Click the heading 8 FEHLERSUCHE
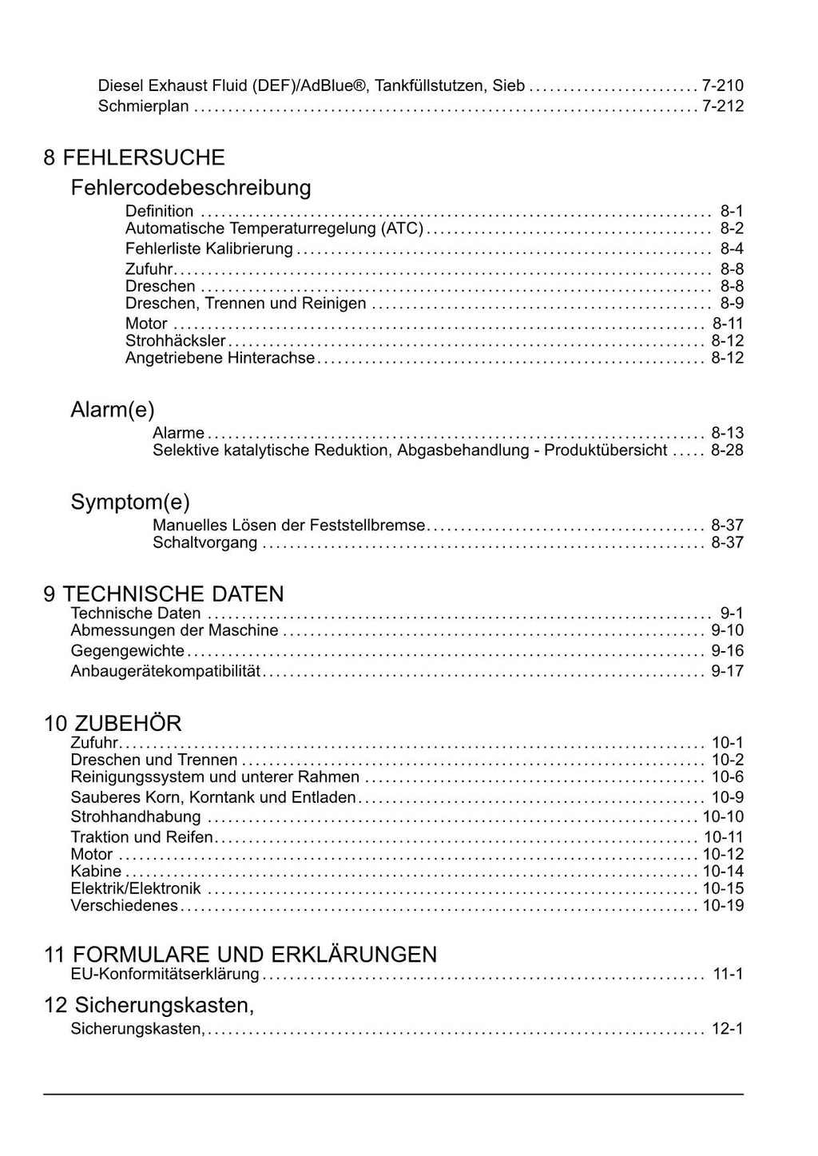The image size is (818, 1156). point(133,157)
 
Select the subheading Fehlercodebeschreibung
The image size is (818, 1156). point(190,188)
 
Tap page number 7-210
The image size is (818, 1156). point(722,85)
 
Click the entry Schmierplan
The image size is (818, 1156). point(143,106)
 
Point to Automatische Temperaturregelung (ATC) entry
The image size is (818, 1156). point(274,228)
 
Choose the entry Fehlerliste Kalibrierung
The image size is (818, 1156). point(208,248)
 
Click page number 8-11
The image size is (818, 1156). point(727,324)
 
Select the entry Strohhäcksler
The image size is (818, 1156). point(175,341)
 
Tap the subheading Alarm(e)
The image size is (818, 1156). point(113,410)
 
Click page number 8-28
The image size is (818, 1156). point(727,451)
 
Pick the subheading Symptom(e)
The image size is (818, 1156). point(130,503)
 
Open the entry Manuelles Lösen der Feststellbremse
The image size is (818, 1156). point(288,526)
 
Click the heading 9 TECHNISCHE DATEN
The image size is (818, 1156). point(164,594)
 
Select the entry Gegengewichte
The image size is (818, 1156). point(127,651)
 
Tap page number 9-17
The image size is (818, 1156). point(727,671)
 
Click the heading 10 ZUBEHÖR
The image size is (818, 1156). point(113,724)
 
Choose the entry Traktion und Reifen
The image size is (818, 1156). point(141,837)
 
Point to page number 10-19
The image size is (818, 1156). point(723,906)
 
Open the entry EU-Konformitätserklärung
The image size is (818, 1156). point(165,974)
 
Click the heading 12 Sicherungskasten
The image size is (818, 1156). point(149,1005)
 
